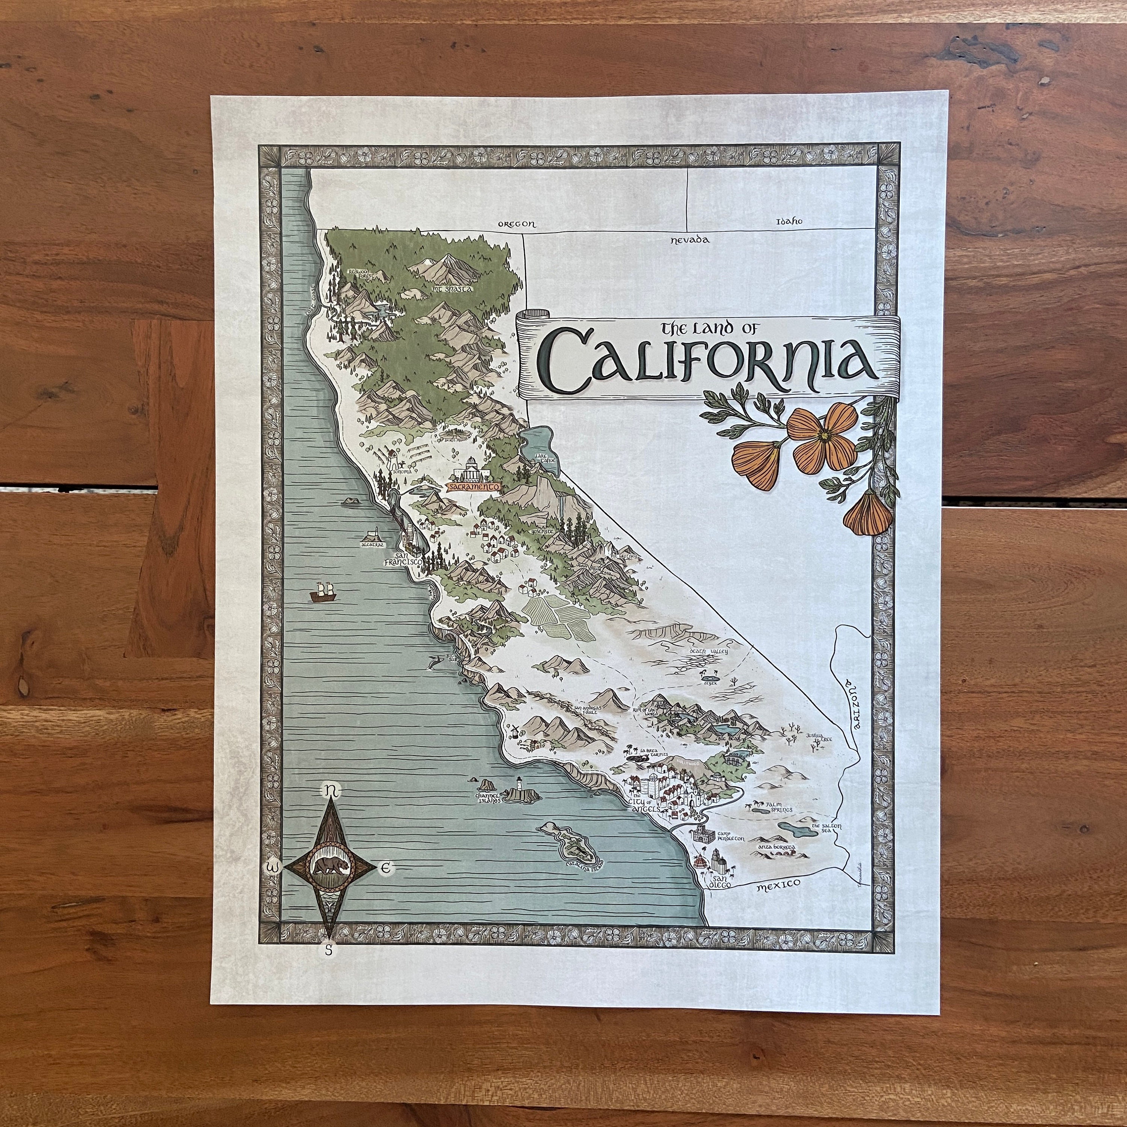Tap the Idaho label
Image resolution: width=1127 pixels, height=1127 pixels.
[789, 222]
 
